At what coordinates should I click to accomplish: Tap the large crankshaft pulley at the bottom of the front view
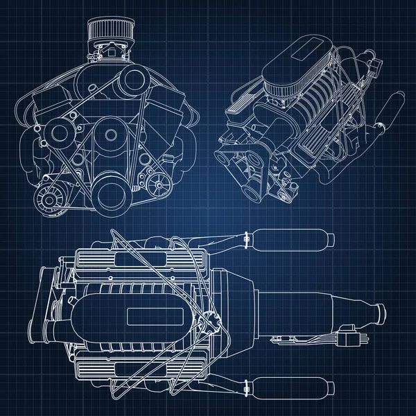tap(111, 192)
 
